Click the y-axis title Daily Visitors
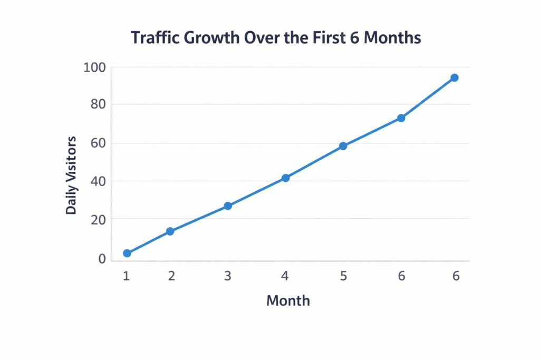tap(71, 175)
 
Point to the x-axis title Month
tap(288, 301)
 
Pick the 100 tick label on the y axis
tap(94, 67)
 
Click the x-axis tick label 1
tap(127, 276)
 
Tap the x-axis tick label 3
tap(228, 276)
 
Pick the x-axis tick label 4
tap(285, 276)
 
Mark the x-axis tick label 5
tap(343, 276)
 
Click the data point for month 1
tap(127, 254)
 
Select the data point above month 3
tap(228, 206)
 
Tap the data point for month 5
tap(343, 146)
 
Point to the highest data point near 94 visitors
tap(454, 78)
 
